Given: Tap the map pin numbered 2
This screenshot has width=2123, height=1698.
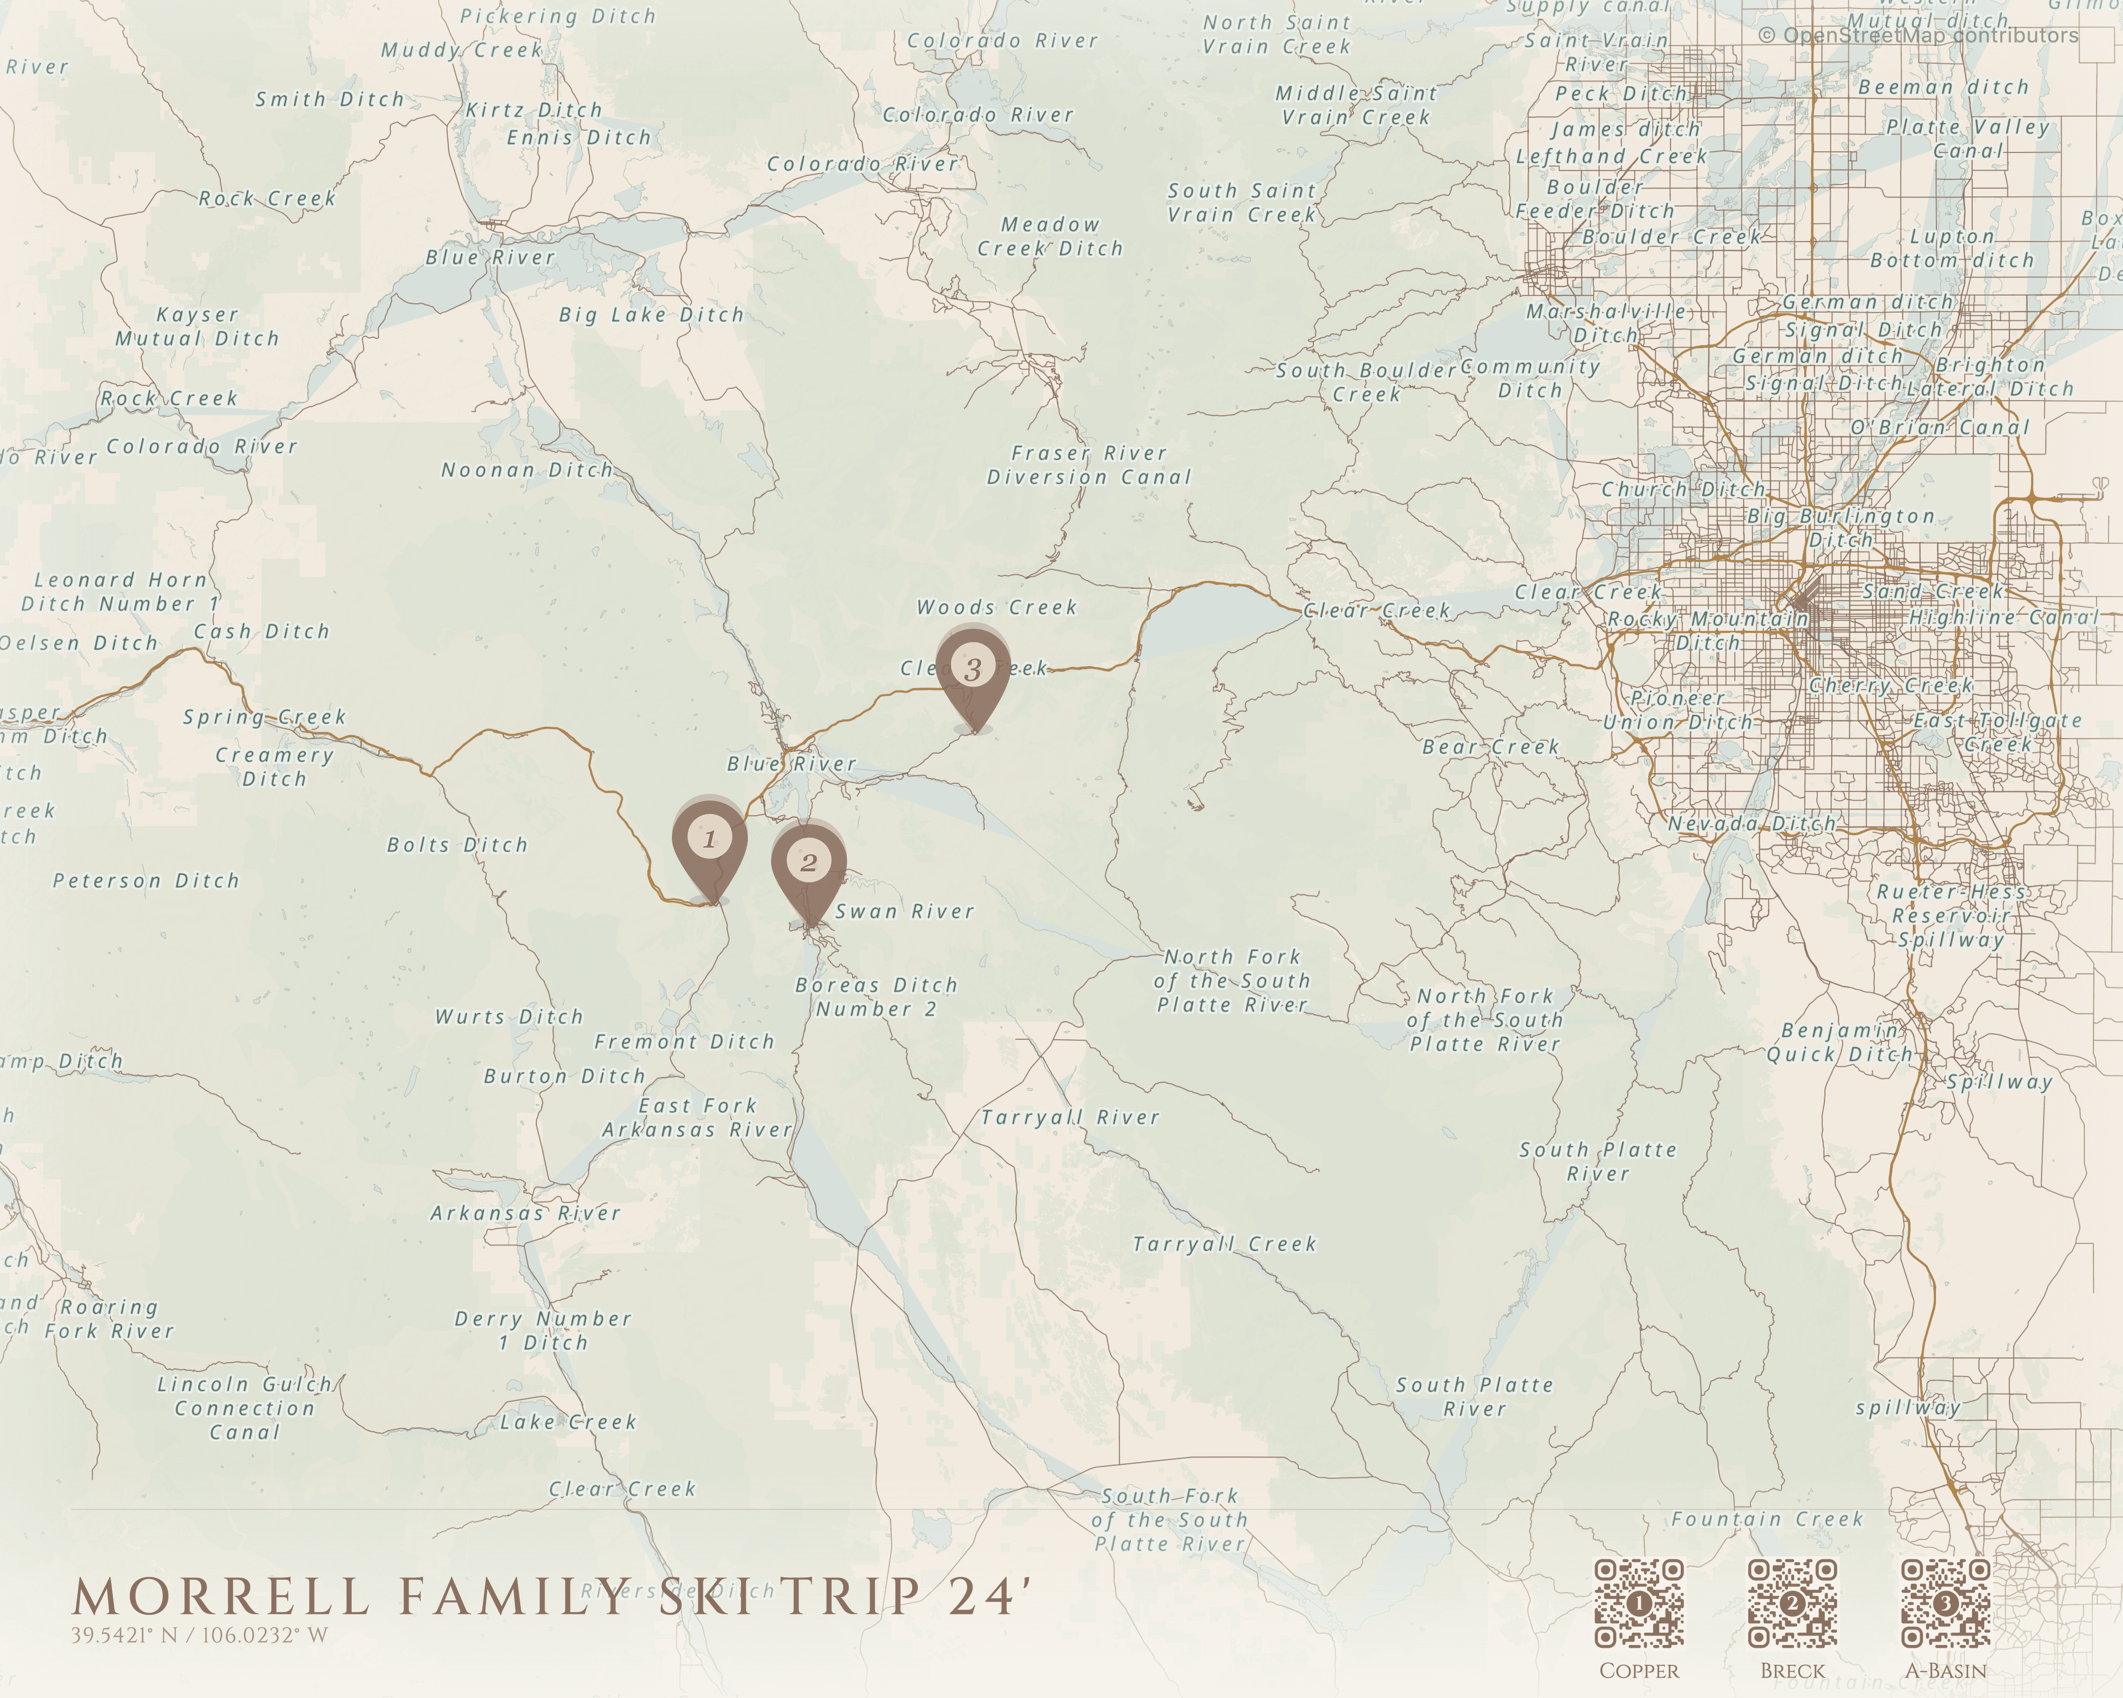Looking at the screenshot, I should point(808,866).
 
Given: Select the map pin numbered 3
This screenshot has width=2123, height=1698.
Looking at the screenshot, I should point(973,672).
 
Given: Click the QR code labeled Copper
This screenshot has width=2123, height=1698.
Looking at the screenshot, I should point(1639,1603).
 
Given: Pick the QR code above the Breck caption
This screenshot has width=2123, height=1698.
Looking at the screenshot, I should point(1792,1603).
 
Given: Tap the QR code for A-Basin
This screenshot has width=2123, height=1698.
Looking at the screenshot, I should point(1946,1603).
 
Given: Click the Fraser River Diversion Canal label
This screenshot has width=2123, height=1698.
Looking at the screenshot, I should point(1089,465).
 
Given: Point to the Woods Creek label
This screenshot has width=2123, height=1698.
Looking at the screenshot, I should point(996,607).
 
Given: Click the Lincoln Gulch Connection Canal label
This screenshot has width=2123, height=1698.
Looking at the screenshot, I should point(245,1408).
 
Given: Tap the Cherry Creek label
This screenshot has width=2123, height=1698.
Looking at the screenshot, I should point(1891,685).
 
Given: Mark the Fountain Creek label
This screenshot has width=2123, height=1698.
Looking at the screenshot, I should point(1768,1519).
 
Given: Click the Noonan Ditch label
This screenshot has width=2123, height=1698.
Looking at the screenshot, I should point(527,470).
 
